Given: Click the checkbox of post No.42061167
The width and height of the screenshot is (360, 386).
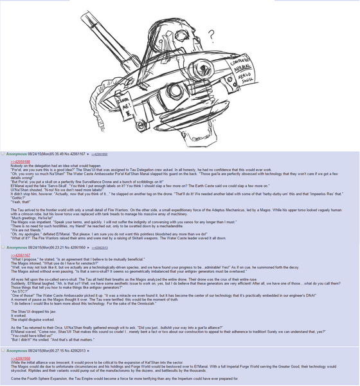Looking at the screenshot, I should [x=3, y=154].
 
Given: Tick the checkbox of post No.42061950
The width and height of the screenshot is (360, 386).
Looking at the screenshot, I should [x=3, y=246].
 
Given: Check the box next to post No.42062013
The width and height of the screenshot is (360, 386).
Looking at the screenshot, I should [x=3, y=351].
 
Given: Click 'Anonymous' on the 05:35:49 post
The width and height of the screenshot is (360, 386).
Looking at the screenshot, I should [x=20, y=154].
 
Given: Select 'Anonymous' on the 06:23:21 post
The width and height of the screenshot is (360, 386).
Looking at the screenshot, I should [x=20, y=246].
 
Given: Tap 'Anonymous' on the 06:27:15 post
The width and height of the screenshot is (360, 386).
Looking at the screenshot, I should [x=20, y=351].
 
